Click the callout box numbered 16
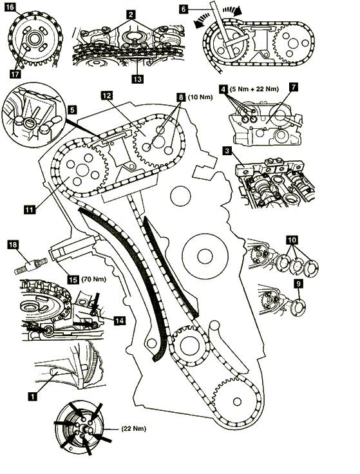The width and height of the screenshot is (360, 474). point(10,6)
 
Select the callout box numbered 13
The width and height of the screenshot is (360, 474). point(137,79)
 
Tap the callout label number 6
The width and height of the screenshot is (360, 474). point(183,9)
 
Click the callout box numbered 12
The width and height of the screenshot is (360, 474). point(107,95)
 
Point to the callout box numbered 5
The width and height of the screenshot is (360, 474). point(72,109)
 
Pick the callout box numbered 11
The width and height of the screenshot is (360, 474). point(30,209)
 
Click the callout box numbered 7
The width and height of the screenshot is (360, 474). point(293,87)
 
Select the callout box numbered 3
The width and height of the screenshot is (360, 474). point(227,151)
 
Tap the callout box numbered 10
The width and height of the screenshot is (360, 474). point(292,240)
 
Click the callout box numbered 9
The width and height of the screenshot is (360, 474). point(298,283)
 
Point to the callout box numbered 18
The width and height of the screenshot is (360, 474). point(13,244)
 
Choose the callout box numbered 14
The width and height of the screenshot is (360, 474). point(120,321)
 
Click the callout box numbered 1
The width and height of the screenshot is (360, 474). point(32,396)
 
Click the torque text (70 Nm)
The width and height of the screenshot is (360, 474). point(94,279)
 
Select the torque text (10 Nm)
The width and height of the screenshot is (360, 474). point(200,97)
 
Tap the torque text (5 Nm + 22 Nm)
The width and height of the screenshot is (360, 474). point(254,89)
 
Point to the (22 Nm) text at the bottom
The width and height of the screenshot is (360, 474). point(133,429)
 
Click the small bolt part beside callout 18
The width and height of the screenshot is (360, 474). point(31,265)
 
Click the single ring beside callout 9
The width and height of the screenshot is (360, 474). point(298,308)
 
